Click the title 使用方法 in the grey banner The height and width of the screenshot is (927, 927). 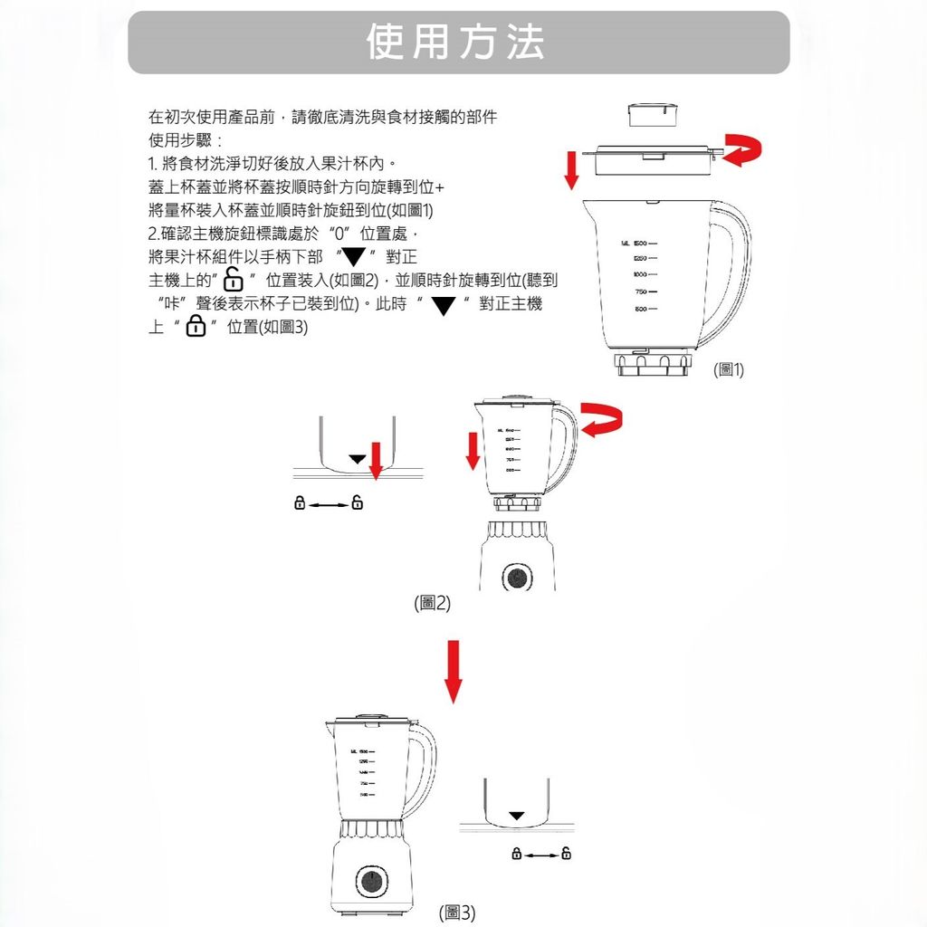[x=456, y=43]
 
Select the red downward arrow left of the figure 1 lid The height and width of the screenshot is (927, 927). [x=571, y=171]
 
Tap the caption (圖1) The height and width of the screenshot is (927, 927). [x=728, y=369]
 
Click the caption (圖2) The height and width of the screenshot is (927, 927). [x=431, y=603]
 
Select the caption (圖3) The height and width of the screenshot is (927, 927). [x=456, y=913]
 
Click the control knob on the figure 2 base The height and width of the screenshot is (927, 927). [x=516, y=578]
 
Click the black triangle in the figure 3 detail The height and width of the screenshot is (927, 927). [x=516, y=816]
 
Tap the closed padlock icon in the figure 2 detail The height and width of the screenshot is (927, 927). [x=299, y=502]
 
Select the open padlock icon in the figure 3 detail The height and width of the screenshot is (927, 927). [x=567, y=853]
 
